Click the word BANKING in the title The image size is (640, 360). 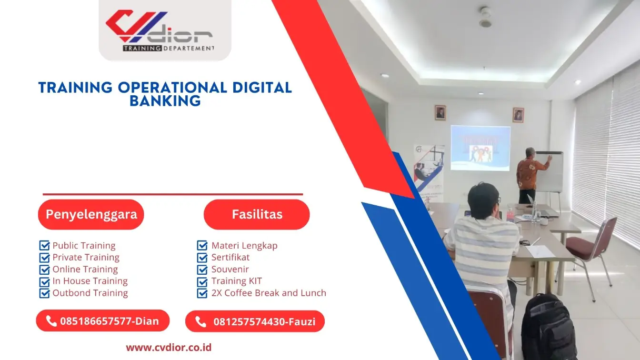[165, 101]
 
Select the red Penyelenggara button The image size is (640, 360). [91, 214]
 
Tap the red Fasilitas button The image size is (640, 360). [257, 214]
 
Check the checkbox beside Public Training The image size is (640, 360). [44, 246]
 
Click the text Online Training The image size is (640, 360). [85, 269]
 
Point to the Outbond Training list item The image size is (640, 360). [90, 293]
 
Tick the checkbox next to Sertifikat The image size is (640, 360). [202, 258]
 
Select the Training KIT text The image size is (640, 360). [237, 281]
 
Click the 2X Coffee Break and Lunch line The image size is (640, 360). [269, 293]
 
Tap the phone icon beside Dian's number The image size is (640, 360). [51, 321]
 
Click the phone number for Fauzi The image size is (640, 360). [264, 321]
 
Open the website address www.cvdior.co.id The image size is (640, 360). [169, 347]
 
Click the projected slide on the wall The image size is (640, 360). [480, 148]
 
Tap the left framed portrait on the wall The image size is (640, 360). [440, 113]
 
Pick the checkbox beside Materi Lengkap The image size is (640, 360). [202, 246]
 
